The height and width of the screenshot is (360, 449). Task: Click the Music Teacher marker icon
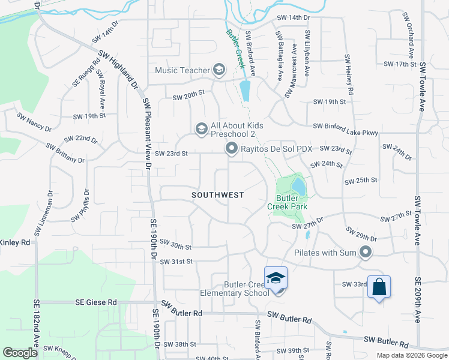(218, 70)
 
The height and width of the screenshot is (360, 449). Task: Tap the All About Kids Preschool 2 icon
(200, 128)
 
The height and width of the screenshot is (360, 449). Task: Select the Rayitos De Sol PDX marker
(230, 148)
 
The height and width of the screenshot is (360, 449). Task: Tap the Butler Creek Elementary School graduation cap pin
(276, 278)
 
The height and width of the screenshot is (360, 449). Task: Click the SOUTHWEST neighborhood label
(218, 195)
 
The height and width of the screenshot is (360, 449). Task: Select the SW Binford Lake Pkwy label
(345, 126)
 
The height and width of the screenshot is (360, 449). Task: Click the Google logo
(20, 352)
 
